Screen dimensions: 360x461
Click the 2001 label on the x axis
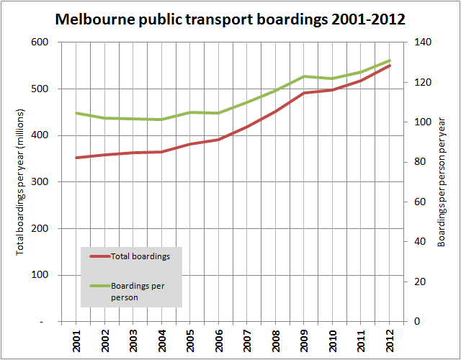click(76, 341)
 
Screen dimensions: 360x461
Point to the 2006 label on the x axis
click(218, 341)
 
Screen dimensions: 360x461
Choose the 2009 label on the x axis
click(304, 341)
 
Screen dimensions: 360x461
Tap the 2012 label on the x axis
click(390, 341)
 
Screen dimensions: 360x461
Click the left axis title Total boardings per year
click(20, 181)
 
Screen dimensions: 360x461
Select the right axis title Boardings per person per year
click(442, 181)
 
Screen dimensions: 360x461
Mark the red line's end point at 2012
click(390, 65)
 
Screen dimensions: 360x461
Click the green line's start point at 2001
click(76, 113)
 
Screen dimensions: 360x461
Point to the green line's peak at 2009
click(304, 76)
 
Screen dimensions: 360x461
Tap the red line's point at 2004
click(161, 152)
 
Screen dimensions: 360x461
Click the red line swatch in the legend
click(99, 256)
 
